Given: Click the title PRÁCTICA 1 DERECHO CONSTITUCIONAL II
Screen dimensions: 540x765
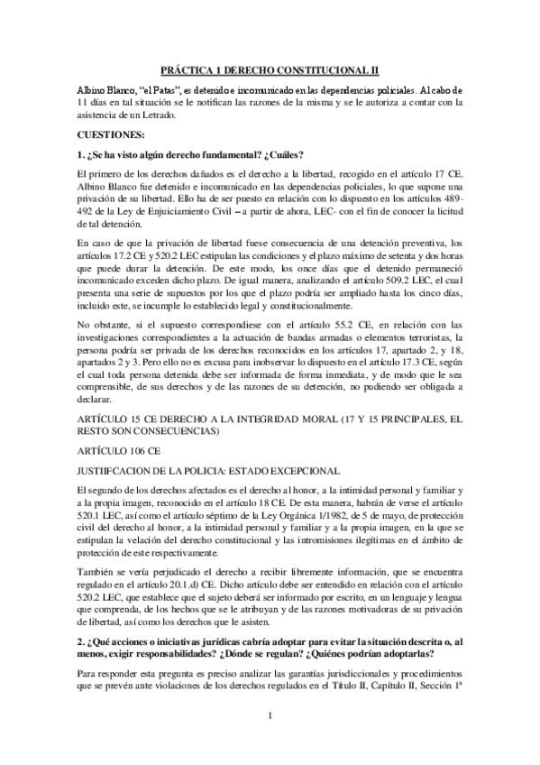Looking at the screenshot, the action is [x=270, y=69].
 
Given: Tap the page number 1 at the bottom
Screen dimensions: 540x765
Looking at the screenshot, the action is [x=270, y=742].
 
